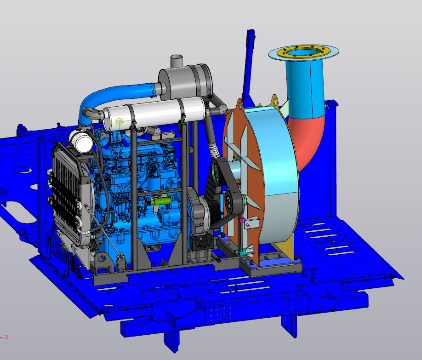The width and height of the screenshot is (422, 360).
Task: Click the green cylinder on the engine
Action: tap(161, 201)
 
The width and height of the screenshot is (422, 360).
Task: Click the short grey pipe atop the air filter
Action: tap(177, 62)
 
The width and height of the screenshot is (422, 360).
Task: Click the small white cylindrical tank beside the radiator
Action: tap(81, 141)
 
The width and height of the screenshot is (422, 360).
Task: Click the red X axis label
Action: tap(7, 337)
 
